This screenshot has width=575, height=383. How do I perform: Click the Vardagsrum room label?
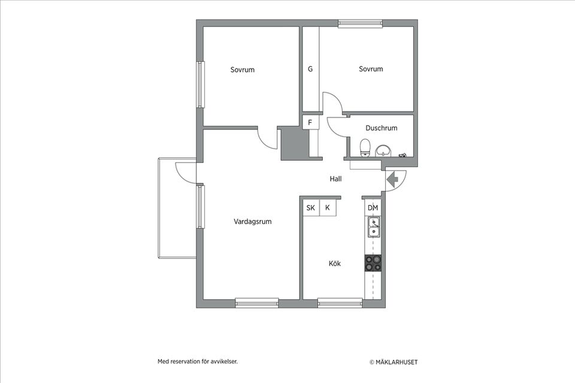[253, 222]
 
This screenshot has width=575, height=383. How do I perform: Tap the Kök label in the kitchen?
[334, 263]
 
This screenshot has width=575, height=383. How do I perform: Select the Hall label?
[335, 179]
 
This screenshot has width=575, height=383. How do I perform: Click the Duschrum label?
[381, 128]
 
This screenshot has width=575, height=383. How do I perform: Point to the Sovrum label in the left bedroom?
[242, 70]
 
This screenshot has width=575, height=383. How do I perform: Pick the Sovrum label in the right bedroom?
[371, 70]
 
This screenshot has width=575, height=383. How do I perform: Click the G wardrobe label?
[310, 70]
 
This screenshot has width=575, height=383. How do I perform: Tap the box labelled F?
[310, 123]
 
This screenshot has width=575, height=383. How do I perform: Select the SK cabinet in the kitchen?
[311, 208]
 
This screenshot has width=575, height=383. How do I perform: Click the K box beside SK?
[328, 208]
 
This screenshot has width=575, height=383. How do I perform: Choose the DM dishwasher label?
[373, 208]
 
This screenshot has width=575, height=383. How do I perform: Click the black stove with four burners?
[373, 263]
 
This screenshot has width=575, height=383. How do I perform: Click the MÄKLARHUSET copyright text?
[394, 362]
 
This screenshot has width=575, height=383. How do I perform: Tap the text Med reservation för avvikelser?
[201, 361]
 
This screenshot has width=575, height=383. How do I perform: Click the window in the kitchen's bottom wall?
[340, 303]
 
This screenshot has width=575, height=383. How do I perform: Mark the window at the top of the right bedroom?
[361, 24]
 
